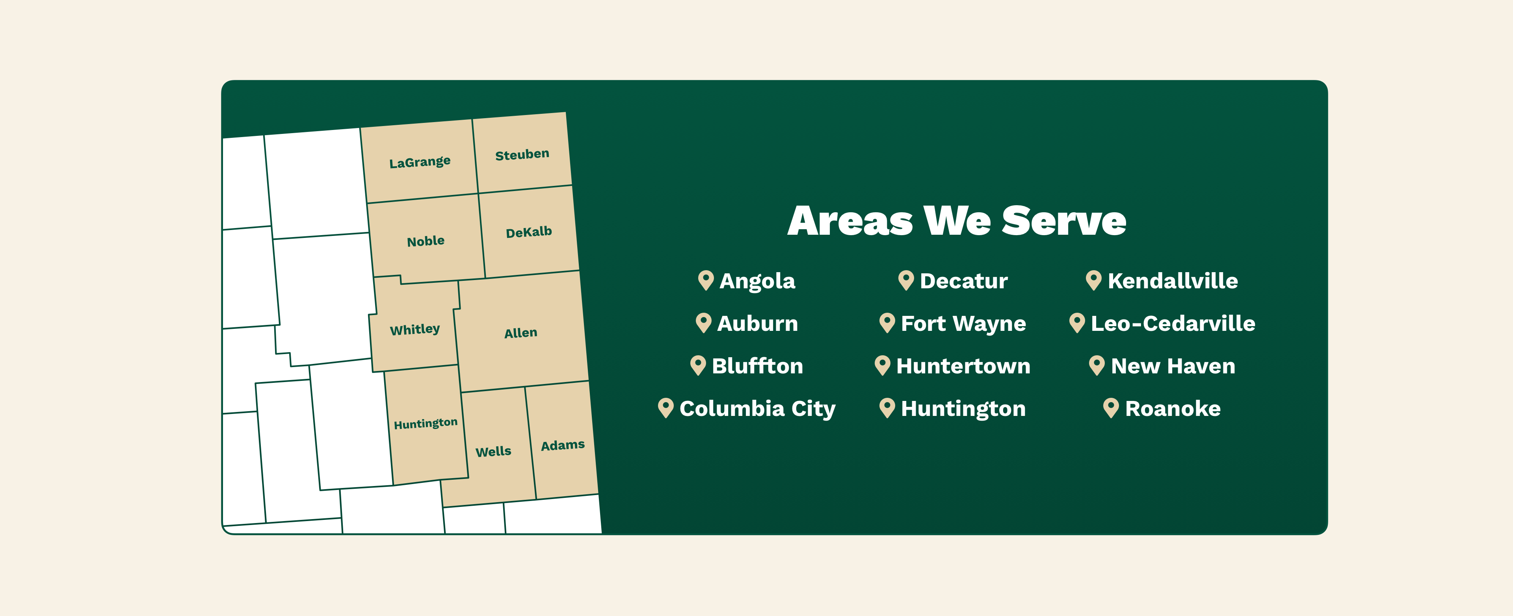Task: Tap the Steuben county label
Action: point(522,154)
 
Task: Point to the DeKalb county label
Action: point(529,232)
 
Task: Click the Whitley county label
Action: point(414,329)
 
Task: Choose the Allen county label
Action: point(520,333)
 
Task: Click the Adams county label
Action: point(563,445)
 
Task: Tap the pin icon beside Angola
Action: point(705,280)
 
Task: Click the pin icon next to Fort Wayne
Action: point(887,323)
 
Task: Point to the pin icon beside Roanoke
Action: point(1111,408)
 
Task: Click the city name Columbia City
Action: point(757,409)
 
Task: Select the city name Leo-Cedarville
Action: point(1173,323)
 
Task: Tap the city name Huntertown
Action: point(963,366)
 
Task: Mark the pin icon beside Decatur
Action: point(906,280)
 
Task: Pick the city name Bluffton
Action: point(757,366)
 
